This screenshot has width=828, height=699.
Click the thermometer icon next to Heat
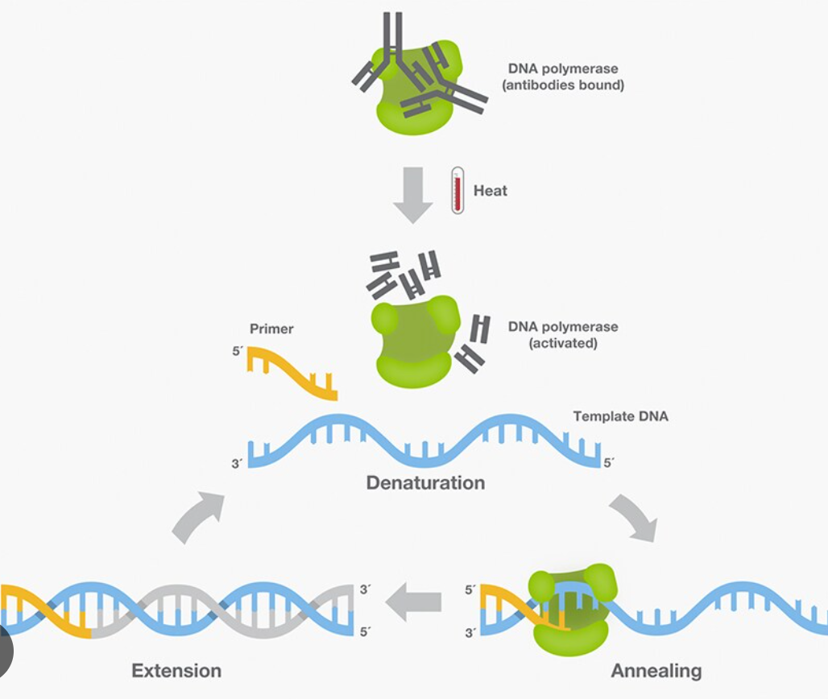tap(457, 190)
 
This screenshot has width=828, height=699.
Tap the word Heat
tap(491, 191)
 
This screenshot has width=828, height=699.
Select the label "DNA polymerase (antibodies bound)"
tap(563, 77)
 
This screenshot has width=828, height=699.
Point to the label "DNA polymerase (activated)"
tap(563, 335)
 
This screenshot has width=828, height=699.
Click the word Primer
tap(271, 329)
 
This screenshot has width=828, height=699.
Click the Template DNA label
tap(620, 416)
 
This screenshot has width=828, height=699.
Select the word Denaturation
tap(425, 483)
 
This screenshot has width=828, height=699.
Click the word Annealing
tap(656, 671)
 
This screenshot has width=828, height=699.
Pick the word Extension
tap(176, 670)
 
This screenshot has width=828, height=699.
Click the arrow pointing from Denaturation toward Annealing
tap(634, 517)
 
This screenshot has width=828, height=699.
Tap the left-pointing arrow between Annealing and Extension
tap(414, 600)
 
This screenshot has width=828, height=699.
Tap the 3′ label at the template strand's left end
tap(237, 464)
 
